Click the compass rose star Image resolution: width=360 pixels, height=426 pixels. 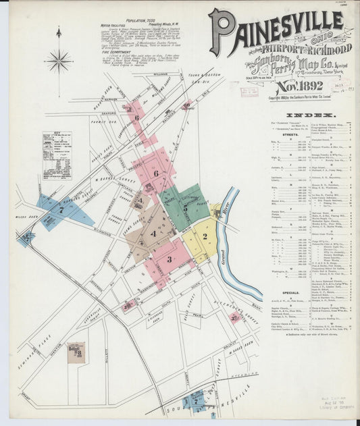click(59, 61)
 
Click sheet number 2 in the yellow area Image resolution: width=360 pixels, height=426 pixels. click(205, 236)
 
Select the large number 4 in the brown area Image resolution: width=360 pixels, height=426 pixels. click(153, 234)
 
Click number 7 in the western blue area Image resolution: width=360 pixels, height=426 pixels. click(61, 210)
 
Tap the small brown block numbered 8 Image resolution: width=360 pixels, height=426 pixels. click(76, 352)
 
